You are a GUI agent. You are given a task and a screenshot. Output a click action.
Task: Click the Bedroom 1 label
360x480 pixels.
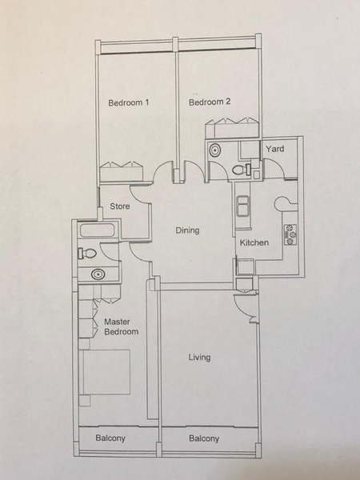click(x=129, y=102)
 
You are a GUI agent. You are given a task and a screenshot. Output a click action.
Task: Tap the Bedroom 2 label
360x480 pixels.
click(x=210, y=102)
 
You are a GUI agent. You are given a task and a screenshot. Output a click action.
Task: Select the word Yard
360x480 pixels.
click(x=275, y=149)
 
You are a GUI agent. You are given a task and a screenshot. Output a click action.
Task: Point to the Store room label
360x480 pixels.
click(x=120, y=206)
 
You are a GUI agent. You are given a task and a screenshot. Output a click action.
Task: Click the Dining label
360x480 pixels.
click(x=187, y=231)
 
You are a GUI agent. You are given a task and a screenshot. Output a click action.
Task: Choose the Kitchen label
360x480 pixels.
click(x=254, y=242)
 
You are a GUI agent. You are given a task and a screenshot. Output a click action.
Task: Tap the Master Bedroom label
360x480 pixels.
click(x=121, y=326)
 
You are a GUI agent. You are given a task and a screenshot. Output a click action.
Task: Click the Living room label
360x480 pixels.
click(x=199, y=358)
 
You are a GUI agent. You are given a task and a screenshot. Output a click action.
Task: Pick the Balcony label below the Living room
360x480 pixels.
click(x=204, y=439)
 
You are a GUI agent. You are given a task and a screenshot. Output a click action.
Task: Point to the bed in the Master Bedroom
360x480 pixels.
click(x=106, y=373)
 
